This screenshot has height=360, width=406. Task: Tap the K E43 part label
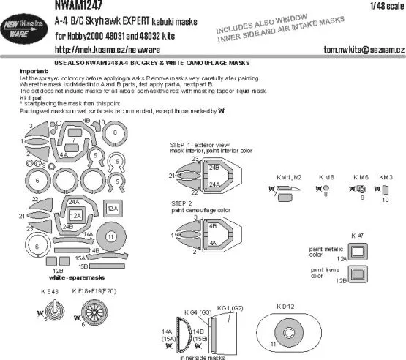pyautogui.click(x=49, y=292)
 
